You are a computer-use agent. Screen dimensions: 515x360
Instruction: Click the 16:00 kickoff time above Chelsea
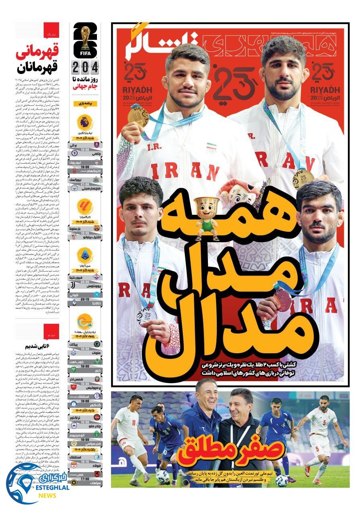tap(85, 148)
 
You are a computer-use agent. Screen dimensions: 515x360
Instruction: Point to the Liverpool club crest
tap(97, 163)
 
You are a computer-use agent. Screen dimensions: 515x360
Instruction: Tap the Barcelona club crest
tap(97, 228)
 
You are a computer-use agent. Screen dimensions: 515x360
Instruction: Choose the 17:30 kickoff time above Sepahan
tap(85, 479)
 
